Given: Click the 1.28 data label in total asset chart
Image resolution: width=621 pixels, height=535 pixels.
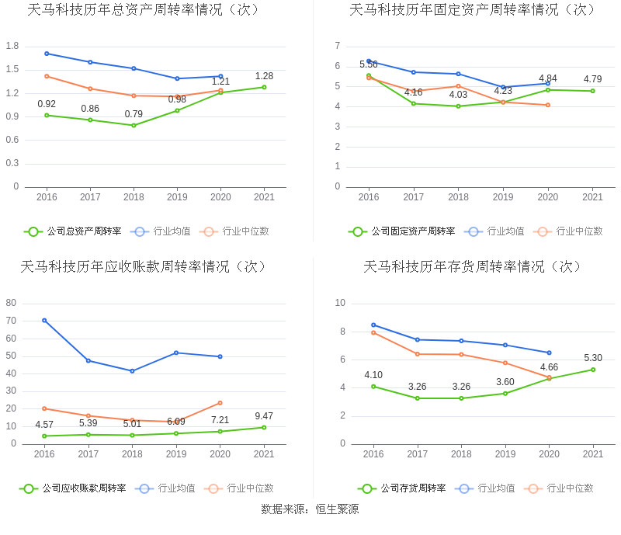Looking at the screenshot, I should [x=264, y=76].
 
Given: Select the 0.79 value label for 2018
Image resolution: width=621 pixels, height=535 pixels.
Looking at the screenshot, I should [x=134, y=114].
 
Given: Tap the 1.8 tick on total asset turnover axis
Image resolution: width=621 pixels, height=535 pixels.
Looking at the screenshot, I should [x=12, y=46].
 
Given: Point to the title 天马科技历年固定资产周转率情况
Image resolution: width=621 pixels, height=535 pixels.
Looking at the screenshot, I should [x=473, y=10].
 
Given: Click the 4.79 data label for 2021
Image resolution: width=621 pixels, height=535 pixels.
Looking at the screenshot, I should [x=592, y=79].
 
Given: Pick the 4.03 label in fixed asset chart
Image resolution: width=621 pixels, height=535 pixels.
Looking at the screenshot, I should [x=458, y=95].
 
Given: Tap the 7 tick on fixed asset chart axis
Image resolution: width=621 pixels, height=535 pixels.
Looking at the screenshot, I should [x=338, y=46].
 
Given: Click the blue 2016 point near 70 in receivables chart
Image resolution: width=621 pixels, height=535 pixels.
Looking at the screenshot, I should [x=44, y=320].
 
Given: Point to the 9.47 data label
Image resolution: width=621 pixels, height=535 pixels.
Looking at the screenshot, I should [x=264, y=416].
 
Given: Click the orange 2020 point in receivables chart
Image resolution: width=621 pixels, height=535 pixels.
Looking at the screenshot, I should [x=220, y=403].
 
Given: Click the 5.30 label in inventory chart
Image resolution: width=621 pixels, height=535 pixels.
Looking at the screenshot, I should [x=593, y=358].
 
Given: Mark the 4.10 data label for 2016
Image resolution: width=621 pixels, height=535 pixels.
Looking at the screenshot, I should [x=373, y=375].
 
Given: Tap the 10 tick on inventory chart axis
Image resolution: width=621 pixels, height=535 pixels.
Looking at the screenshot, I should [x=340, y=303].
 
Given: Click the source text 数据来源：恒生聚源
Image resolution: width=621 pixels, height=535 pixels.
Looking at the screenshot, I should [x=310, y=509].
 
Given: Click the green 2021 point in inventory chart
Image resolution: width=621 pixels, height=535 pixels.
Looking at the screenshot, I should [x=593, y=370].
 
